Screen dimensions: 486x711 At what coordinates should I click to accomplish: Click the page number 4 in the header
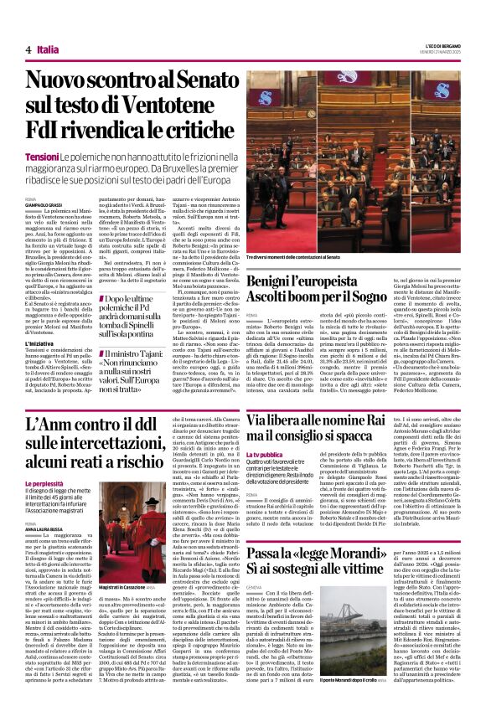coord(28,49)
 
